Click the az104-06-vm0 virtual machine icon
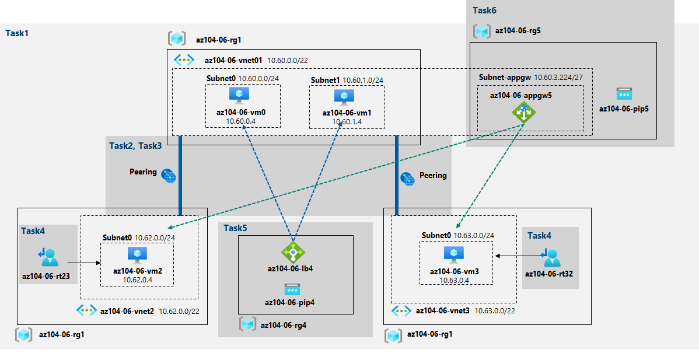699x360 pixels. pyautogui.click(x=239, y=95)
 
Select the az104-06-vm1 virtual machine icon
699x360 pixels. pyautogui.click(x=344, y=97)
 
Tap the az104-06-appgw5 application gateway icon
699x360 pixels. pyautogui.click(x=524, y=111)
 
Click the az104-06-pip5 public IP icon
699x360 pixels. pyautogui.click(x=624, y=93)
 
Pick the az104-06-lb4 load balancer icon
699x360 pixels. pyautogui.click(x=293, y=252)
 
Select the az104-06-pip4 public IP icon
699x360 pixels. pyautogui.click(x=292, y=289)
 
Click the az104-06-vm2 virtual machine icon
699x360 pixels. pyautogui.click(x=138, y=254)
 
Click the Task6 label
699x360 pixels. pyautogui.click(x=484, y=10)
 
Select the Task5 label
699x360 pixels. pyautogui.click(x=236, y=228)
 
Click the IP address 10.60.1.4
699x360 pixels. pyautogui.click(x=347, y=121)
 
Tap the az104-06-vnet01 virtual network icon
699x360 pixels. pyautogui.click(x=184, y=60)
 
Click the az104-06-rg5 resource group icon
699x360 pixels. pyautogui.click(x=482, y=31)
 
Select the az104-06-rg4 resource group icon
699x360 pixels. pyautogui.click(x=248, y=324)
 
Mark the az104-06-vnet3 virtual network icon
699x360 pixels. pyautogui.click(x=401, y=310)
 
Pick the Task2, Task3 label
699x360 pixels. pyautogui.click(x=135, y=145)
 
